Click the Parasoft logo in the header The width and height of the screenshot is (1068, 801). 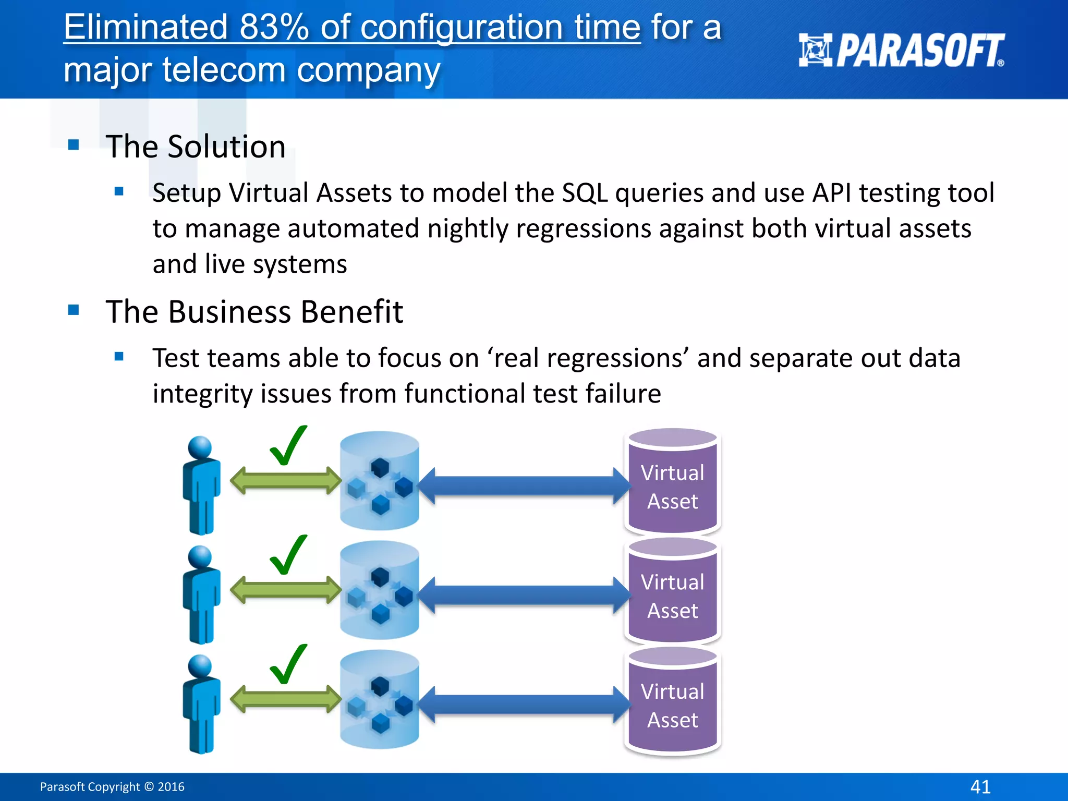click(901, 51)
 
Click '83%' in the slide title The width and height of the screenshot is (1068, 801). click(274, 27)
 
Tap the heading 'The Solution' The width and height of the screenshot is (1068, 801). click(196, 147)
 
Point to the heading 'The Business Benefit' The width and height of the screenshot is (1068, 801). click(254, 312)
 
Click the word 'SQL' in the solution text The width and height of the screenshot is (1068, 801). click(585, 193)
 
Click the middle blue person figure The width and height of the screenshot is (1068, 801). click(201, 594)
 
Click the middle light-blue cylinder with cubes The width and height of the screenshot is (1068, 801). click(380, 590)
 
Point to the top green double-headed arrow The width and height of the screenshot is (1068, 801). click(285, 481)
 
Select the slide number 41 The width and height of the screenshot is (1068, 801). click(980, 786)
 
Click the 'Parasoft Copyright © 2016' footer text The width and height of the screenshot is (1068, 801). click(112, 786)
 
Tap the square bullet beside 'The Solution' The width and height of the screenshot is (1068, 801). click(74, 144)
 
